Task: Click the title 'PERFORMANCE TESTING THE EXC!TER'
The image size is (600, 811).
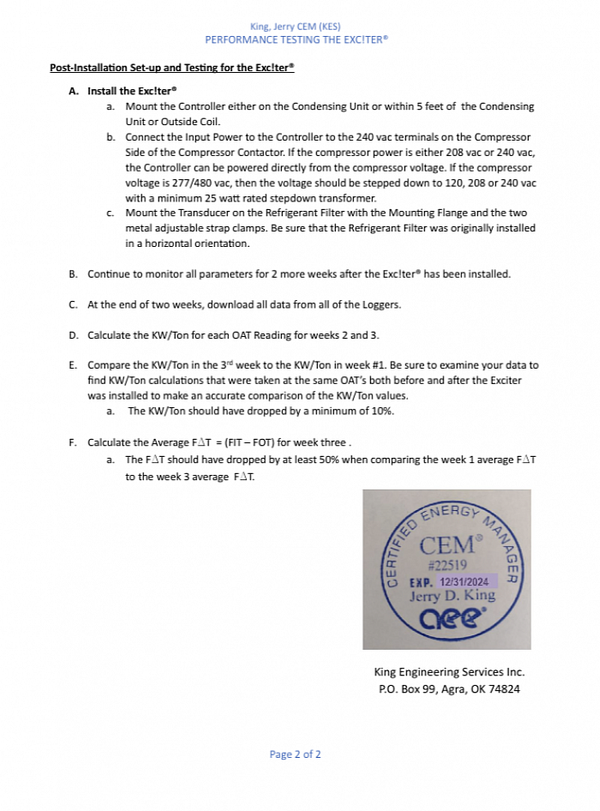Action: click(297, 39)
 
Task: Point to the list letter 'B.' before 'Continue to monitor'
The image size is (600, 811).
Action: click(74, 274)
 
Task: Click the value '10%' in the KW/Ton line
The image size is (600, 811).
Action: click(381, 411)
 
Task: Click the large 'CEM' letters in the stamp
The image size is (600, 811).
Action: click(446, 544)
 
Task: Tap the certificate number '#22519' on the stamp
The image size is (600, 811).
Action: click(446, 565)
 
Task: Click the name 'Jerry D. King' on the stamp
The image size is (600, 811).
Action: click(452, 596)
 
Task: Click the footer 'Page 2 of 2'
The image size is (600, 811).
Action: click(295, 754)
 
